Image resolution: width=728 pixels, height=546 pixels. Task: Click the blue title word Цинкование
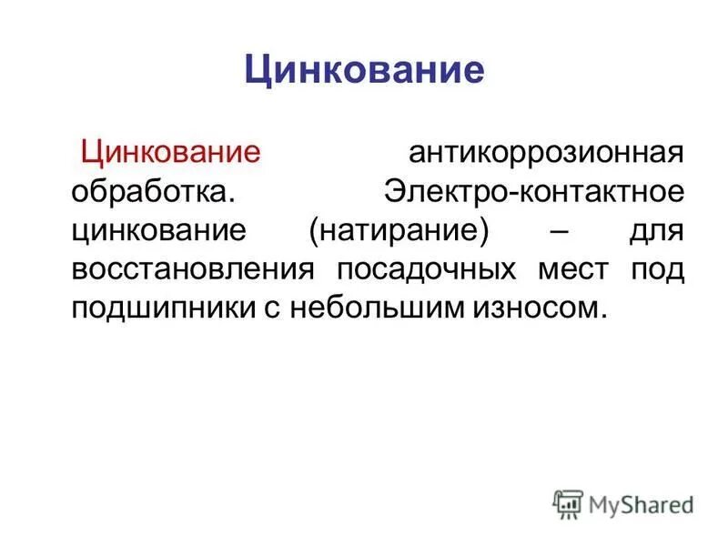click(364, 70)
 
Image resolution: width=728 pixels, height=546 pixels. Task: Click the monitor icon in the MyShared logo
click(568, 503)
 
